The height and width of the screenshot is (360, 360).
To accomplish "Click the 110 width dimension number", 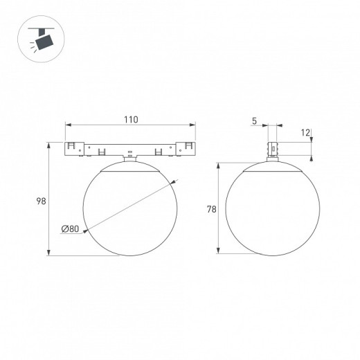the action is click(x=131, y=120).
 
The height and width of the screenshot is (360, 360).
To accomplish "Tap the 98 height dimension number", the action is click(x=42, y=201).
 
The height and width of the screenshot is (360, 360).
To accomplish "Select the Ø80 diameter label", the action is click(x=70, y=228).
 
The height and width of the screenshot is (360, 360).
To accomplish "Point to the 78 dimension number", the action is click(x=212, y=209).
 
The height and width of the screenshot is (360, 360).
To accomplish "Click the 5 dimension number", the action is click(x=254, y=121).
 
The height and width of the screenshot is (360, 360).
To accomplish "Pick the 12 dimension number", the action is click(x=305, y=133).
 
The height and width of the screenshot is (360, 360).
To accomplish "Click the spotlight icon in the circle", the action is click(x=41, y=39).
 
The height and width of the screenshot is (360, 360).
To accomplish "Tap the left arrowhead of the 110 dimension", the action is click(x=69, y=125).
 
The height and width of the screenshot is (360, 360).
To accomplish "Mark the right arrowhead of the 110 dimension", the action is click(x=192, y=125).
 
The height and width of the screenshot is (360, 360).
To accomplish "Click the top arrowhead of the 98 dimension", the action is click(x=48, y=145).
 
